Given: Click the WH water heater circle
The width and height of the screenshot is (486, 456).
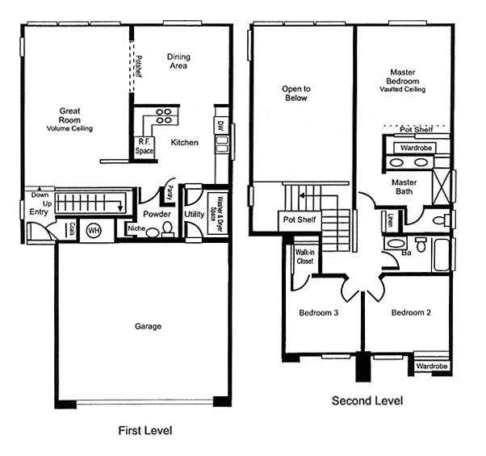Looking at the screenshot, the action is coord(94,231).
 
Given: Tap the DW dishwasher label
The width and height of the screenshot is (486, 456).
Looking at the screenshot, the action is coord(221,125).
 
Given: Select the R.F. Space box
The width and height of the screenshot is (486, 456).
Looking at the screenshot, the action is coord(145,148).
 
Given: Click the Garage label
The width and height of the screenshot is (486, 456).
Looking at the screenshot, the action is coord(148,326).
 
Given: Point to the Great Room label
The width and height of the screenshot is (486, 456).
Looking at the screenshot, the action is coord(69,115).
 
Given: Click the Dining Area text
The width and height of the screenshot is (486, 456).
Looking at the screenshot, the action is coord(178,61).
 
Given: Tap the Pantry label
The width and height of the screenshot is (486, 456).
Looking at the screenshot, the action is coord(170,194).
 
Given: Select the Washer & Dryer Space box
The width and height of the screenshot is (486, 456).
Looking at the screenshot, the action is coord(218,213).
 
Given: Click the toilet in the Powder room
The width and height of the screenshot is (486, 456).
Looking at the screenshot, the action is coord(168,229).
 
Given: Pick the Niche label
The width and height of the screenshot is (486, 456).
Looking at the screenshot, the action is coord(136,228).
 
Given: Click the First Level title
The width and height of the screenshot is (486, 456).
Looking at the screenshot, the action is coord(145,430).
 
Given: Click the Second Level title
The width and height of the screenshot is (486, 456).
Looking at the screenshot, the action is coord(367,400).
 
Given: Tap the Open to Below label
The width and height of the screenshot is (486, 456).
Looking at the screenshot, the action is coord(296,94).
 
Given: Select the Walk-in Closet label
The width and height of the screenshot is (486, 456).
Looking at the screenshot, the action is coord(304,257).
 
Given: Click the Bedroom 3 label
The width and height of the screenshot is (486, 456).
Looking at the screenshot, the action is coord(319,312).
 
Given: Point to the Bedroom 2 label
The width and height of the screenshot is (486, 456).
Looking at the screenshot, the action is coord(411,312).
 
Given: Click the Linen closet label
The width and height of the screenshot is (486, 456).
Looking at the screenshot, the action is coord(391,220).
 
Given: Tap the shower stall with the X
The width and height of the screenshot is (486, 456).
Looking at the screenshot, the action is coord(442,186).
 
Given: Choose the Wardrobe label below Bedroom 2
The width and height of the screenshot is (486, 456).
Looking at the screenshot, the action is coord(432,366).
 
